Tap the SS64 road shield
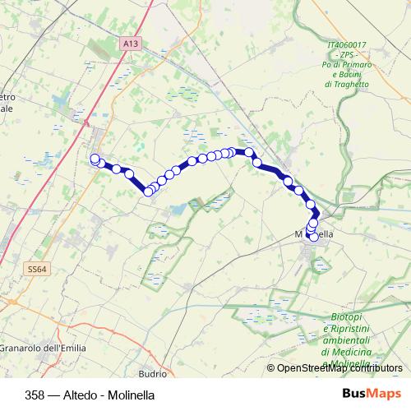36,269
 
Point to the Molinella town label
314,234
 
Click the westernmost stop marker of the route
95,159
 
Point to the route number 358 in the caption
36,393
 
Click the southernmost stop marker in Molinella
313,237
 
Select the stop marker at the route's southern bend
148,192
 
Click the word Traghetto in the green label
347,84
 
